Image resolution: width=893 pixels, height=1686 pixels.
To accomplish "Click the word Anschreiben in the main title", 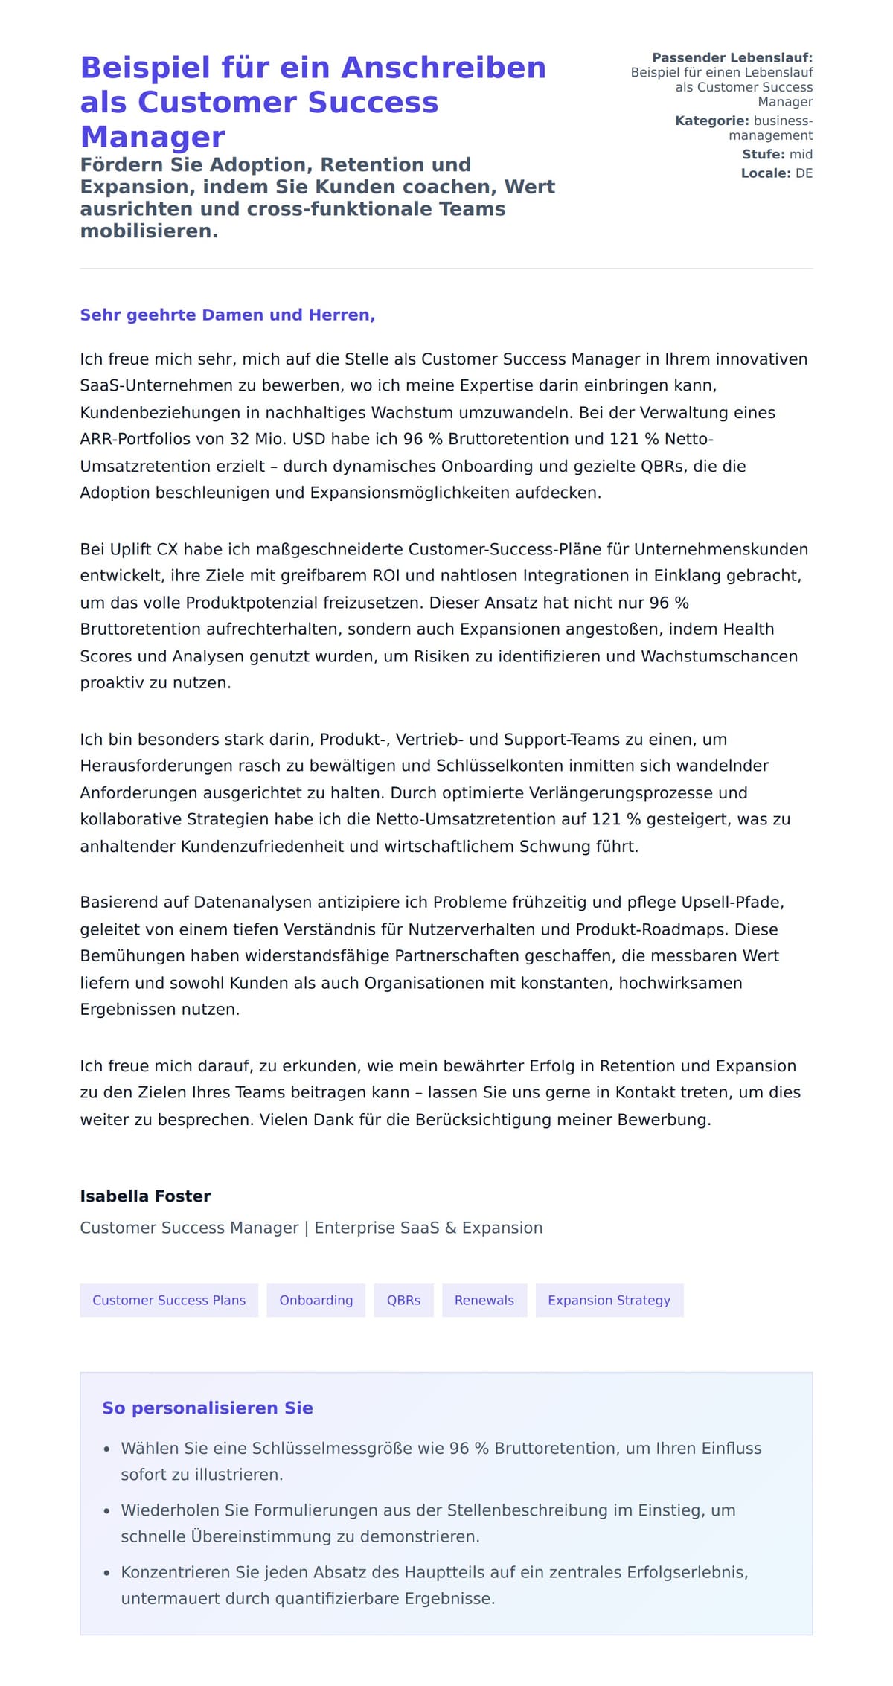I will tap(444, 68).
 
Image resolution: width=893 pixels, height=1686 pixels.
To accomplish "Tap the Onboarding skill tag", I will tap(316, 1300).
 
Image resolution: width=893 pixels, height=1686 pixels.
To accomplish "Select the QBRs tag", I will tap(403, 1300).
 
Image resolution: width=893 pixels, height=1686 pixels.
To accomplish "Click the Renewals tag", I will tap(484, 1300).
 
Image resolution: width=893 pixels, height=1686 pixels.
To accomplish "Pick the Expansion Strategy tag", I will tap(609, 1300).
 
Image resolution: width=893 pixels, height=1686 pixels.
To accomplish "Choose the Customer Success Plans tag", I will tap(169, 1300).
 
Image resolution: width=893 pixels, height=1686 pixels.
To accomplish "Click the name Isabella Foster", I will tap(145, 1196).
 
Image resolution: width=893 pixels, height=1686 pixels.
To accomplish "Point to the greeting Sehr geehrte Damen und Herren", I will tap(227, 315).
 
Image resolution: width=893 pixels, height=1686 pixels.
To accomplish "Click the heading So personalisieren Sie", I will tap(207, 1408).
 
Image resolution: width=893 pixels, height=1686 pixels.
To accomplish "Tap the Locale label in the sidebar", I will tap(765, 173).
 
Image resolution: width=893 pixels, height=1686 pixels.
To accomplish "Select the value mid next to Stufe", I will tap(801, 154).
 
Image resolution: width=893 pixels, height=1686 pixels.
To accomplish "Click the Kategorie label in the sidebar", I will tap(711, 121).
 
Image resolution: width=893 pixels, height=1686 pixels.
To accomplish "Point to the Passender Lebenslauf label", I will tap(732, 57).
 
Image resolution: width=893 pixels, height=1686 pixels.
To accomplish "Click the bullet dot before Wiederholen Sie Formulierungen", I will tap(107, 1511).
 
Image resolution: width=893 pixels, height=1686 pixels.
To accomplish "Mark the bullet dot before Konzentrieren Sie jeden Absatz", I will tap(107, 1573).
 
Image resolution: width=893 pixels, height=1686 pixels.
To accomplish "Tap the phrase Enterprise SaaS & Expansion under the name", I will tap(428, 1228).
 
